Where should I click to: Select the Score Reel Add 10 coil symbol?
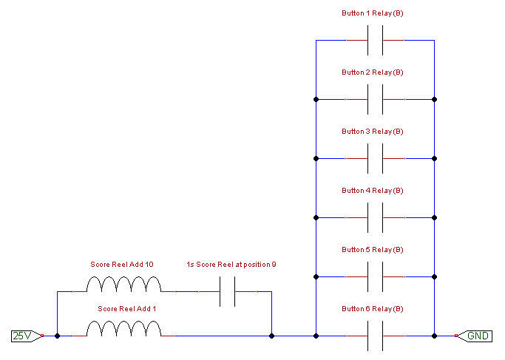tap(123, 285)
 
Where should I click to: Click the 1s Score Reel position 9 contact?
tap(227, 291)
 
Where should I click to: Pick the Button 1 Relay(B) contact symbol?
tap(375, 40)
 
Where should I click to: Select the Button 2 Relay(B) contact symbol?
tap(375, 99)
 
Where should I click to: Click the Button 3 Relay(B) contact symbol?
tap(375, 158)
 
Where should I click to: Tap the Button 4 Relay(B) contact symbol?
tap(375, 217)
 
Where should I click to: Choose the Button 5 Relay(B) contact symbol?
tap(375, 276)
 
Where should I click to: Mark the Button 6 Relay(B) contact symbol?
tap(375, 336)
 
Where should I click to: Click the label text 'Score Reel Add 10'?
tap(122, 264)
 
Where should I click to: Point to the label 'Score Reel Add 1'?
tap(123, 308)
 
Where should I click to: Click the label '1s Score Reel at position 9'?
tap(231, 264)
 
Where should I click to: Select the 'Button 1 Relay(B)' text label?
tap(373, 13)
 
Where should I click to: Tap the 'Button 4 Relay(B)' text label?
tap(373, 191)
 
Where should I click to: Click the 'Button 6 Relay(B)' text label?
tap(373, 309)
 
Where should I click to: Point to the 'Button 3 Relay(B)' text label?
tap(373, 132)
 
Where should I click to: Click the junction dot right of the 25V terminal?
tap(57, 336)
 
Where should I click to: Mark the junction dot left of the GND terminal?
tap(434, 336)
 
